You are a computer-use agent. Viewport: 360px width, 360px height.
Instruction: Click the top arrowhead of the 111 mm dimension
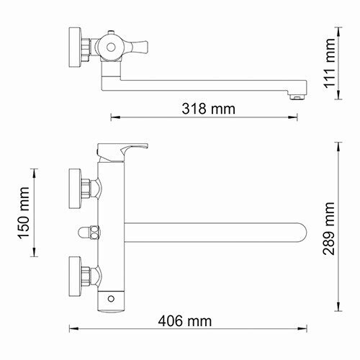[x=337, y=31]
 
